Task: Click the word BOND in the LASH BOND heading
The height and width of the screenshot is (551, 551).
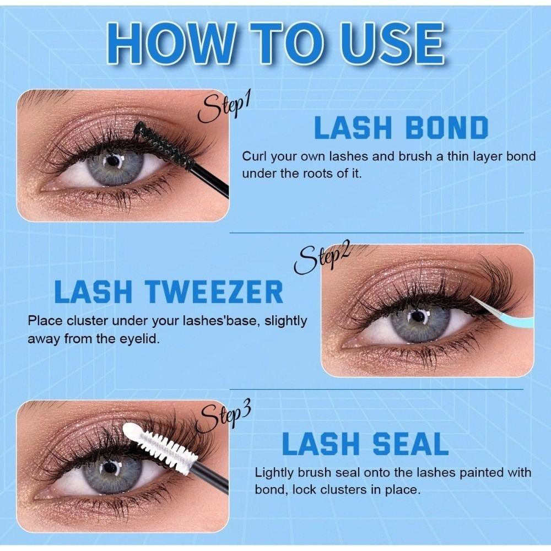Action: tap(447, 128)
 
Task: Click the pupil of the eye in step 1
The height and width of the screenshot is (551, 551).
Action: tap(114, 161)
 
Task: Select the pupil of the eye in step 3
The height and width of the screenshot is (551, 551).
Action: tap(111, 468)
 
